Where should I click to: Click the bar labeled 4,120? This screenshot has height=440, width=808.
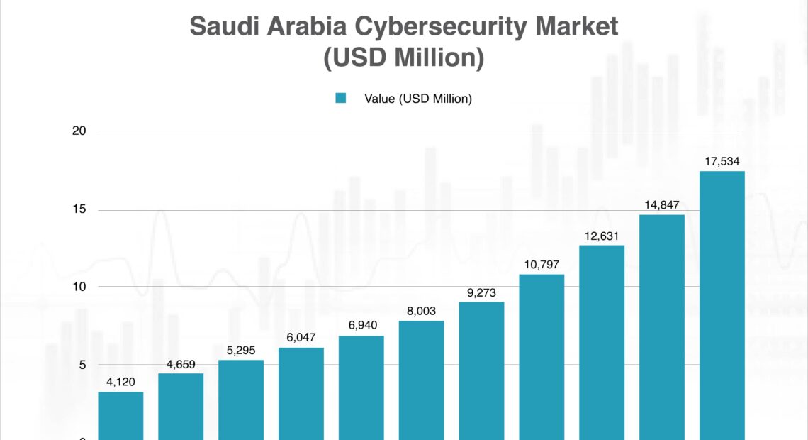[x=120, y=416]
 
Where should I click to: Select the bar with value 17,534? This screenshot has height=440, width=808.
[x=722, y=305]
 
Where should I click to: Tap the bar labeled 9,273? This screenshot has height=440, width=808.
[x=481, y=370]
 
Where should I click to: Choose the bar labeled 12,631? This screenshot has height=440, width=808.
[x=602, y=342]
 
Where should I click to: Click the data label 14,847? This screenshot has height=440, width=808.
[x=662, y=205]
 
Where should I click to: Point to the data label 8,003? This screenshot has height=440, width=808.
[x=421, y=311]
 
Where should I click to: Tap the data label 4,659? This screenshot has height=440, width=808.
[x=181, y=363]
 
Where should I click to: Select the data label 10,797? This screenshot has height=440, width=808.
[x=542, y=265]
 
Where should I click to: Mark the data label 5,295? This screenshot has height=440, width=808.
[x=241, y=350]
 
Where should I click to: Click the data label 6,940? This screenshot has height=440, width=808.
[x=361, y=326]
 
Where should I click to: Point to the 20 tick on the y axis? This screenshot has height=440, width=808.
[x=79, y=131]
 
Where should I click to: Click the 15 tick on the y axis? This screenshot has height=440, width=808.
[x=79, y=210]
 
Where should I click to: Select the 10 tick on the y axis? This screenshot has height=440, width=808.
[x=79, y=287]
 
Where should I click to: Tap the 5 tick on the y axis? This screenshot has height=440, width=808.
[x=82, y=365]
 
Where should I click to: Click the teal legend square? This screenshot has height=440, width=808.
[x=341, y=99]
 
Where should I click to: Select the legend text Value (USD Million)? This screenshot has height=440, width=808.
[x=418, y=99]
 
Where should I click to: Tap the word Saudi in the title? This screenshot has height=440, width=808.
[x=220, y=27]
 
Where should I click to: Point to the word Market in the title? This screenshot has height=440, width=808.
[x=577, y=27]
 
